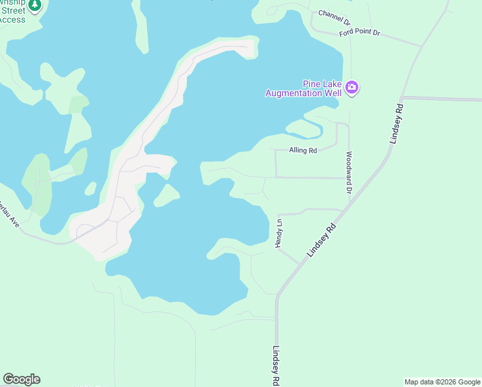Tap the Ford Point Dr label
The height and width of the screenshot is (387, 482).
[x=360, y=32]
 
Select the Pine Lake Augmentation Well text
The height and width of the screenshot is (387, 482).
[x=304, y=88]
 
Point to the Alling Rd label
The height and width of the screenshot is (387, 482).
[x=304, y=151]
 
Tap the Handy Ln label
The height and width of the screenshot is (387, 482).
[x=279, y=233]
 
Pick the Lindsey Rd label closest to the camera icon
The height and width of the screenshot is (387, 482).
[x=396, y=123]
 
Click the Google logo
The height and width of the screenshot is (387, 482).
[x=21, y=379]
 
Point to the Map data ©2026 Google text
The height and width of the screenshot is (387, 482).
[x=442, y=382]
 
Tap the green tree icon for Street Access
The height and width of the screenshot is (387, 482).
[x=35, y=5]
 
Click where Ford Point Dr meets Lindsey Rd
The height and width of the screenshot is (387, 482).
[x=422, y=46]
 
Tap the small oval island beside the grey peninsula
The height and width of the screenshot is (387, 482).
[x=167, y=195]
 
